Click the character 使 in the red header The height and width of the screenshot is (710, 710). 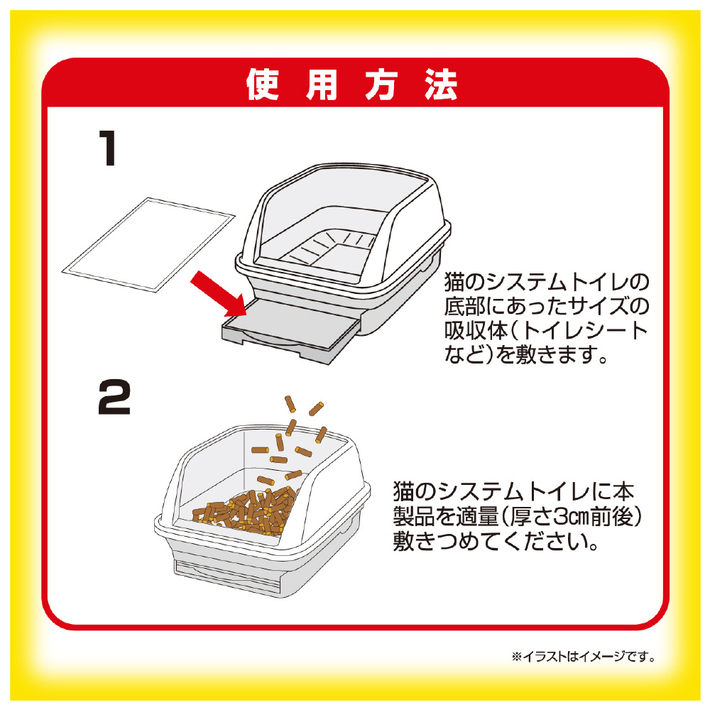(262, 84)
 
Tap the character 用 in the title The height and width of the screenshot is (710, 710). (322, 84)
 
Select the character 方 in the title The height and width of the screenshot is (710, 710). (381, 84)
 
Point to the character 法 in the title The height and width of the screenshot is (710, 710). (441, 84)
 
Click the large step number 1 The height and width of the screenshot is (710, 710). (108, 148)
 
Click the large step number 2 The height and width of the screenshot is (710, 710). (114, 397)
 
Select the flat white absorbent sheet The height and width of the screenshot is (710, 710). (148, 244)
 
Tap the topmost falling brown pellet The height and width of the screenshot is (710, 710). (290, 404)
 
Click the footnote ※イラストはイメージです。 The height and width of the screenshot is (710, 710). (584, 656)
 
